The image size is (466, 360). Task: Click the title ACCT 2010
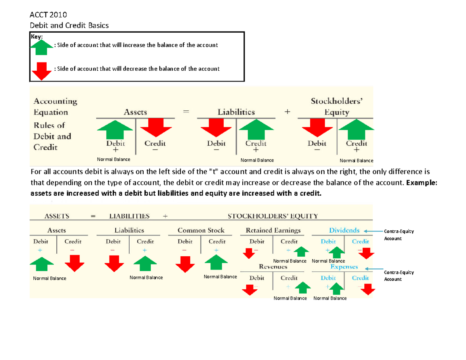click(49, 15)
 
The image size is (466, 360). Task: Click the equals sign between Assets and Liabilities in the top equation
click(186, 112)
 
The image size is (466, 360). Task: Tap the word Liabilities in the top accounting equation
click(236, 112)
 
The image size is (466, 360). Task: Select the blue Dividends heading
click(344, 230)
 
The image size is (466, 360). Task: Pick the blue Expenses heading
click(344, 267)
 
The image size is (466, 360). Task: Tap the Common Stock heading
click(201, 230)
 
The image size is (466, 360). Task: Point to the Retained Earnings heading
click(273, 230)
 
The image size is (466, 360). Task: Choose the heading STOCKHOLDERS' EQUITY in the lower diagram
click(273, 216)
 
